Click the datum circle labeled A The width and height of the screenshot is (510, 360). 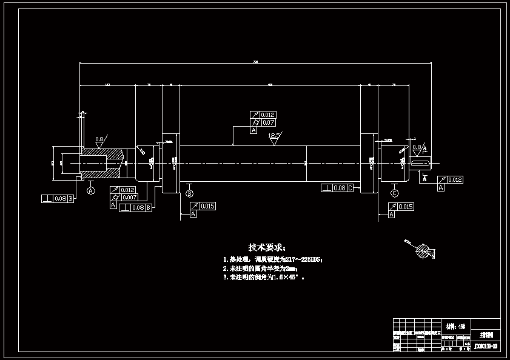pyautogui.click(x=91, y=190)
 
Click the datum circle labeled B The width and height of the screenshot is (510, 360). pyautogui.click(x=189, y=193)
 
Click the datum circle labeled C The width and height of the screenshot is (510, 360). pyautogui.click(x=394, y=193)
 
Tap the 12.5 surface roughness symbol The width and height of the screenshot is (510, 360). pyautogui.click(x=274, y=136)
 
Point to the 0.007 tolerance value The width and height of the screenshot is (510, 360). pyautogui.click(x=129, y=198)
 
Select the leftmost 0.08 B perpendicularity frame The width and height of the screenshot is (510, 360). pyautogui.click(x=58, y=198)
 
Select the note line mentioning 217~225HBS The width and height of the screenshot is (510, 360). pyautogui.click(x=273, y=259)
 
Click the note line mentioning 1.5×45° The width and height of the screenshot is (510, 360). pyautogui.click(x=263, y=277)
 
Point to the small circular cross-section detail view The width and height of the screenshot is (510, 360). pyautogui.click(x=426, y=252)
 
